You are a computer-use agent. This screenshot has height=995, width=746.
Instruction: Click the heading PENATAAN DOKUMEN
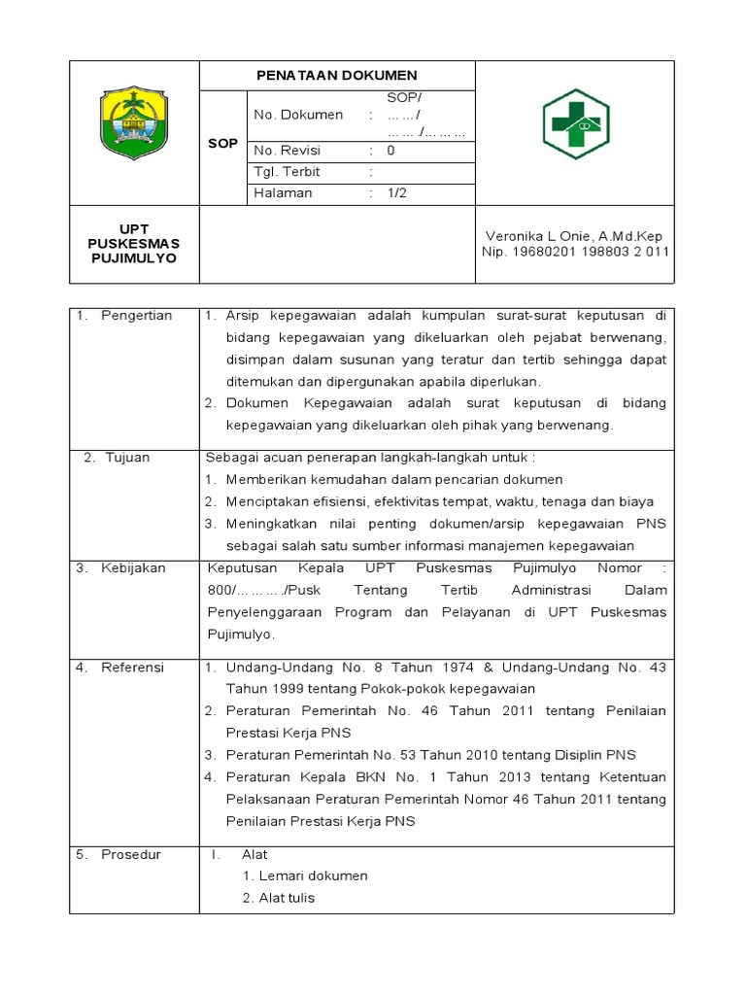(336, 75)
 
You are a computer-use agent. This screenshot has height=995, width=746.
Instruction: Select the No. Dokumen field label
(298, 115)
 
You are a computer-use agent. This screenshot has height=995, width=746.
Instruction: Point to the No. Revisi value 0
(390, 151)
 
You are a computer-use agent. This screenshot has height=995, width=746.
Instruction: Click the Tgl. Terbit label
(287, 172)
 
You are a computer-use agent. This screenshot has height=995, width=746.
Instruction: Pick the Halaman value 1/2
(397, 193)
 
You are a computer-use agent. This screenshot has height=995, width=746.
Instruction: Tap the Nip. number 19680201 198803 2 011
(575, 252)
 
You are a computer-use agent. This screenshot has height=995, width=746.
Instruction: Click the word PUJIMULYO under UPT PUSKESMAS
(134, 258)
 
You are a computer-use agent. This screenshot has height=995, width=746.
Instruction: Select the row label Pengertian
(136, 316)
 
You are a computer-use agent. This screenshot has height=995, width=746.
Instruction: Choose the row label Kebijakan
(134, 567)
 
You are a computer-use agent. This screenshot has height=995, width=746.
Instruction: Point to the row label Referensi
(133, 668)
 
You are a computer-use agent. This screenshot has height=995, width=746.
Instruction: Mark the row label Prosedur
(131, 854)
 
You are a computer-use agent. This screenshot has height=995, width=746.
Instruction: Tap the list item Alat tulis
(287, 898)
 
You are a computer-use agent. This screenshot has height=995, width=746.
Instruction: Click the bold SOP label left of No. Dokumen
(222, 144)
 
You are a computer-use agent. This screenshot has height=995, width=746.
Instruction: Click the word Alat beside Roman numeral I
(254, 854)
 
